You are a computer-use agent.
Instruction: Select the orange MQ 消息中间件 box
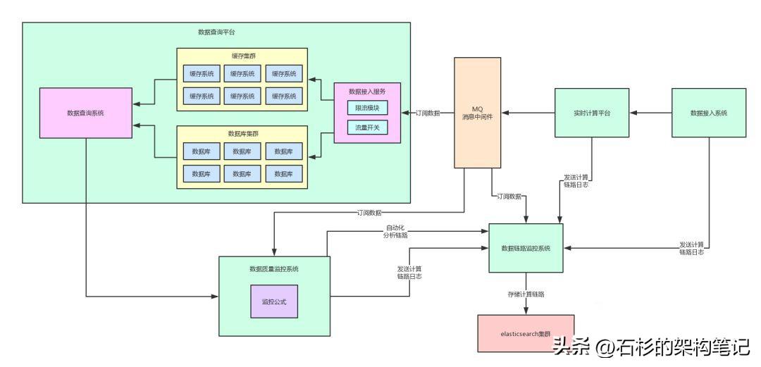(477, 113)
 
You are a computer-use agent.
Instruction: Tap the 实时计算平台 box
(591, 113)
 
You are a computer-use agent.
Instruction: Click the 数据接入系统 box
(708, 113)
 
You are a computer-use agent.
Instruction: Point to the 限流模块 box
(367, 108)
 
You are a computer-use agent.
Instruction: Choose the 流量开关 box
(367, 127)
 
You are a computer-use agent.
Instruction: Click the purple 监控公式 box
(274, 301)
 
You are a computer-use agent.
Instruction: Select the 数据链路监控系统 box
(526, 248)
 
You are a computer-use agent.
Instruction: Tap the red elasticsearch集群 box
(526, 333)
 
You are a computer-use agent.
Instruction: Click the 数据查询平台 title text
(217, 32)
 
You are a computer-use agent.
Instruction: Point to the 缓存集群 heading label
(242, 57)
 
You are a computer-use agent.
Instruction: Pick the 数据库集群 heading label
(242, 134)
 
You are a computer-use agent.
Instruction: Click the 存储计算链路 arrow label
(526, 294)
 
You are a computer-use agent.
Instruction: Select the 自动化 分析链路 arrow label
(396, 232)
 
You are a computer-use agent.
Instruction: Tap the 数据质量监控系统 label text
(274, 268)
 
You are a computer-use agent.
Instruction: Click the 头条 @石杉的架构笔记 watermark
(651, 347)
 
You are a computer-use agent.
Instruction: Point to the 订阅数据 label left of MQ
(428, 113)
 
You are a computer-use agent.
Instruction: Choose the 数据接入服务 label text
(367, 92)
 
